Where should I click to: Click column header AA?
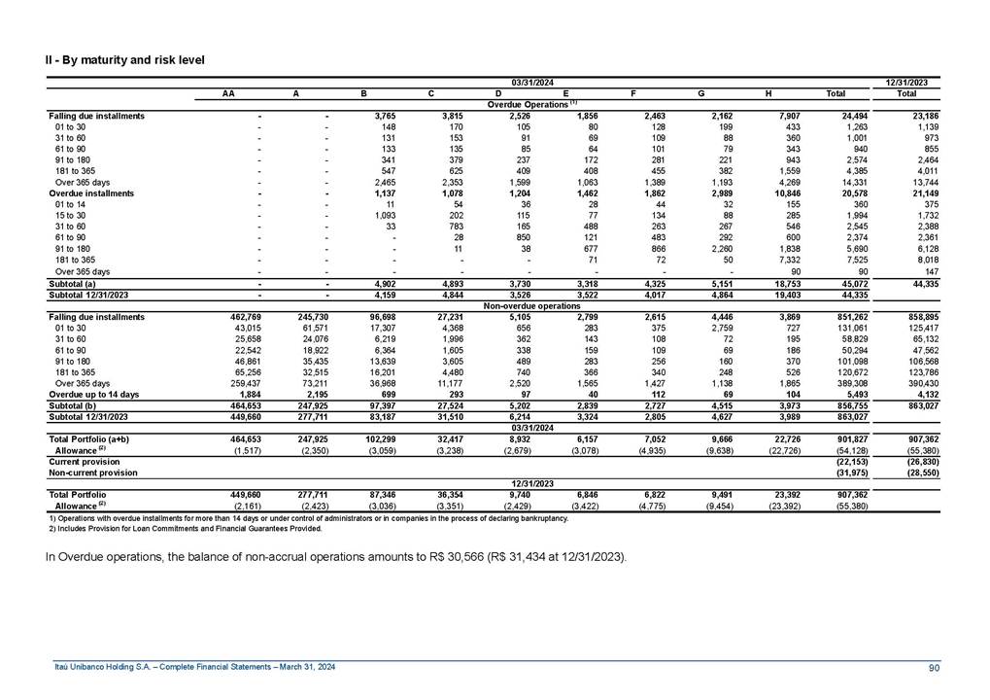pos(227,93)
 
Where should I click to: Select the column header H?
pos(768,93)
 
